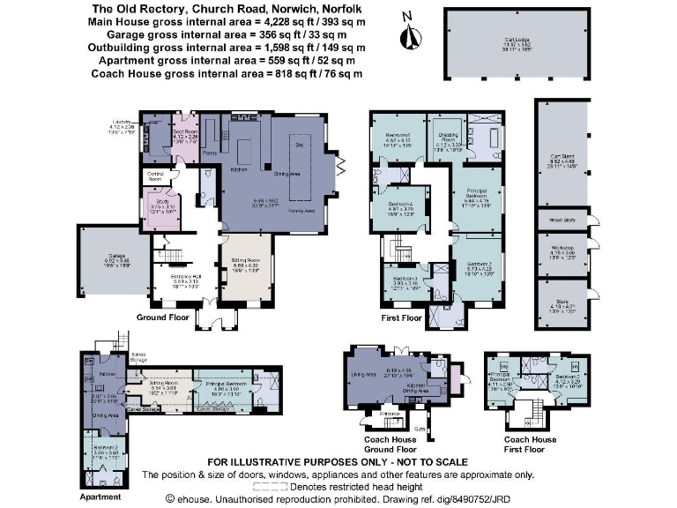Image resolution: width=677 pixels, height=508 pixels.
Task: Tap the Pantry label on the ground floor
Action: [x=210, y=153]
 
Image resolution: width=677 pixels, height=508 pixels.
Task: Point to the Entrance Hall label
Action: [x=186, y=276]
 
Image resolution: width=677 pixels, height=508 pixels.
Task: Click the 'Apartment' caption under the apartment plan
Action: [x=99, y=497]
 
